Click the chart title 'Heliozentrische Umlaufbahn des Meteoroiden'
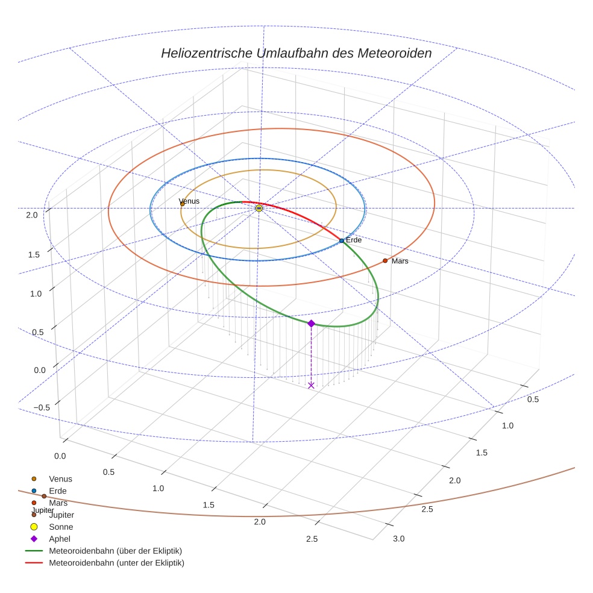click(x=296, y=53)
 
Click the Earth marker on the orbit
click(x=342, y=240)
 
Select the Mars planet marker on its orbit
click(x=385, y=261)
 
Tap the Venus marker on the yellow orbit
click(x=183, y=204)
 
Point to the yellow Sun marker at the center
click(x=259, y=208)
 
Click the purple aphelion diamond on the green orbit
click(x=311, y=324)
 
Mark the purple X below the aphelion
click(x=311, y=385)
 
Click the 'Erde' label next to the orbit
click(x=354, y=240)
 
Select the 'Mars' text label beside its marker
click(x=400, y=262)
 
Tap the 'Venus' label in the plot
click(x=189, y=201)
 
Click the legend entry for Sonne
click(x=60, y=527)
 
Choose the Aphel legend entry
click(x=60, y=539)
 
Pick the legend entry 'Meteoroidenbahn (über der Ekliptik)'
click(x=115, y=551)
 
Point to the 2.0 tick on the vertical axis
click(x=32, y=215)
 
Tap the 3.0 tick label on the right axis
click(x=399, y=538)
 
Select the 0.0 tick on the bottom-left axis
click(x=60, y=456)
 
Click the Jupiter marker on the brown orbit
click(x=44, y=496)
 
